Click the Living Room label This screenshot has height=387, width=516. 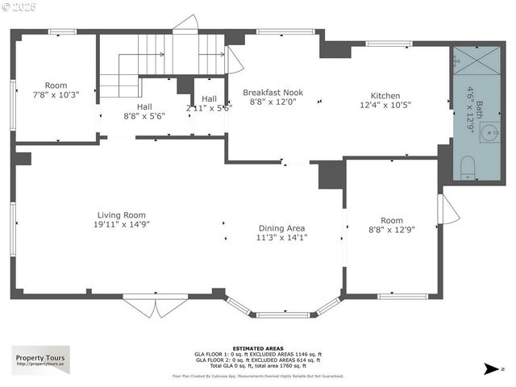[x=122, y=214]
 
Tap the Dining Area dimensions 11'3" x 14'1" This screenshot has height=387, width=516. [x=281, y=237]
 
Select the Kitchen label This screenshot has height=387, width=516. [x=385, y=94]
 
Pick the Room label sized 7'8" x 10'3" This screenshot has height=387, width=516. [x=56, y=85]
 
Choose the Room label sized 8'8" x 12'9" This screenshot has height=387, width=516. [x=392, y=219]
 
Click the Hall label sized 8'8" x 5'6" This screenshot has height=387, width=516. [x=144, y=106]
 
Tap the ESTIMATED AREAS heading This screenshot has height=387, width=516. [x=257, y=348]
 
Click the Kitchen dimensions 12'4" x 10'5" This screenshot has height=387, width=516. [x=385, y=104]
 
